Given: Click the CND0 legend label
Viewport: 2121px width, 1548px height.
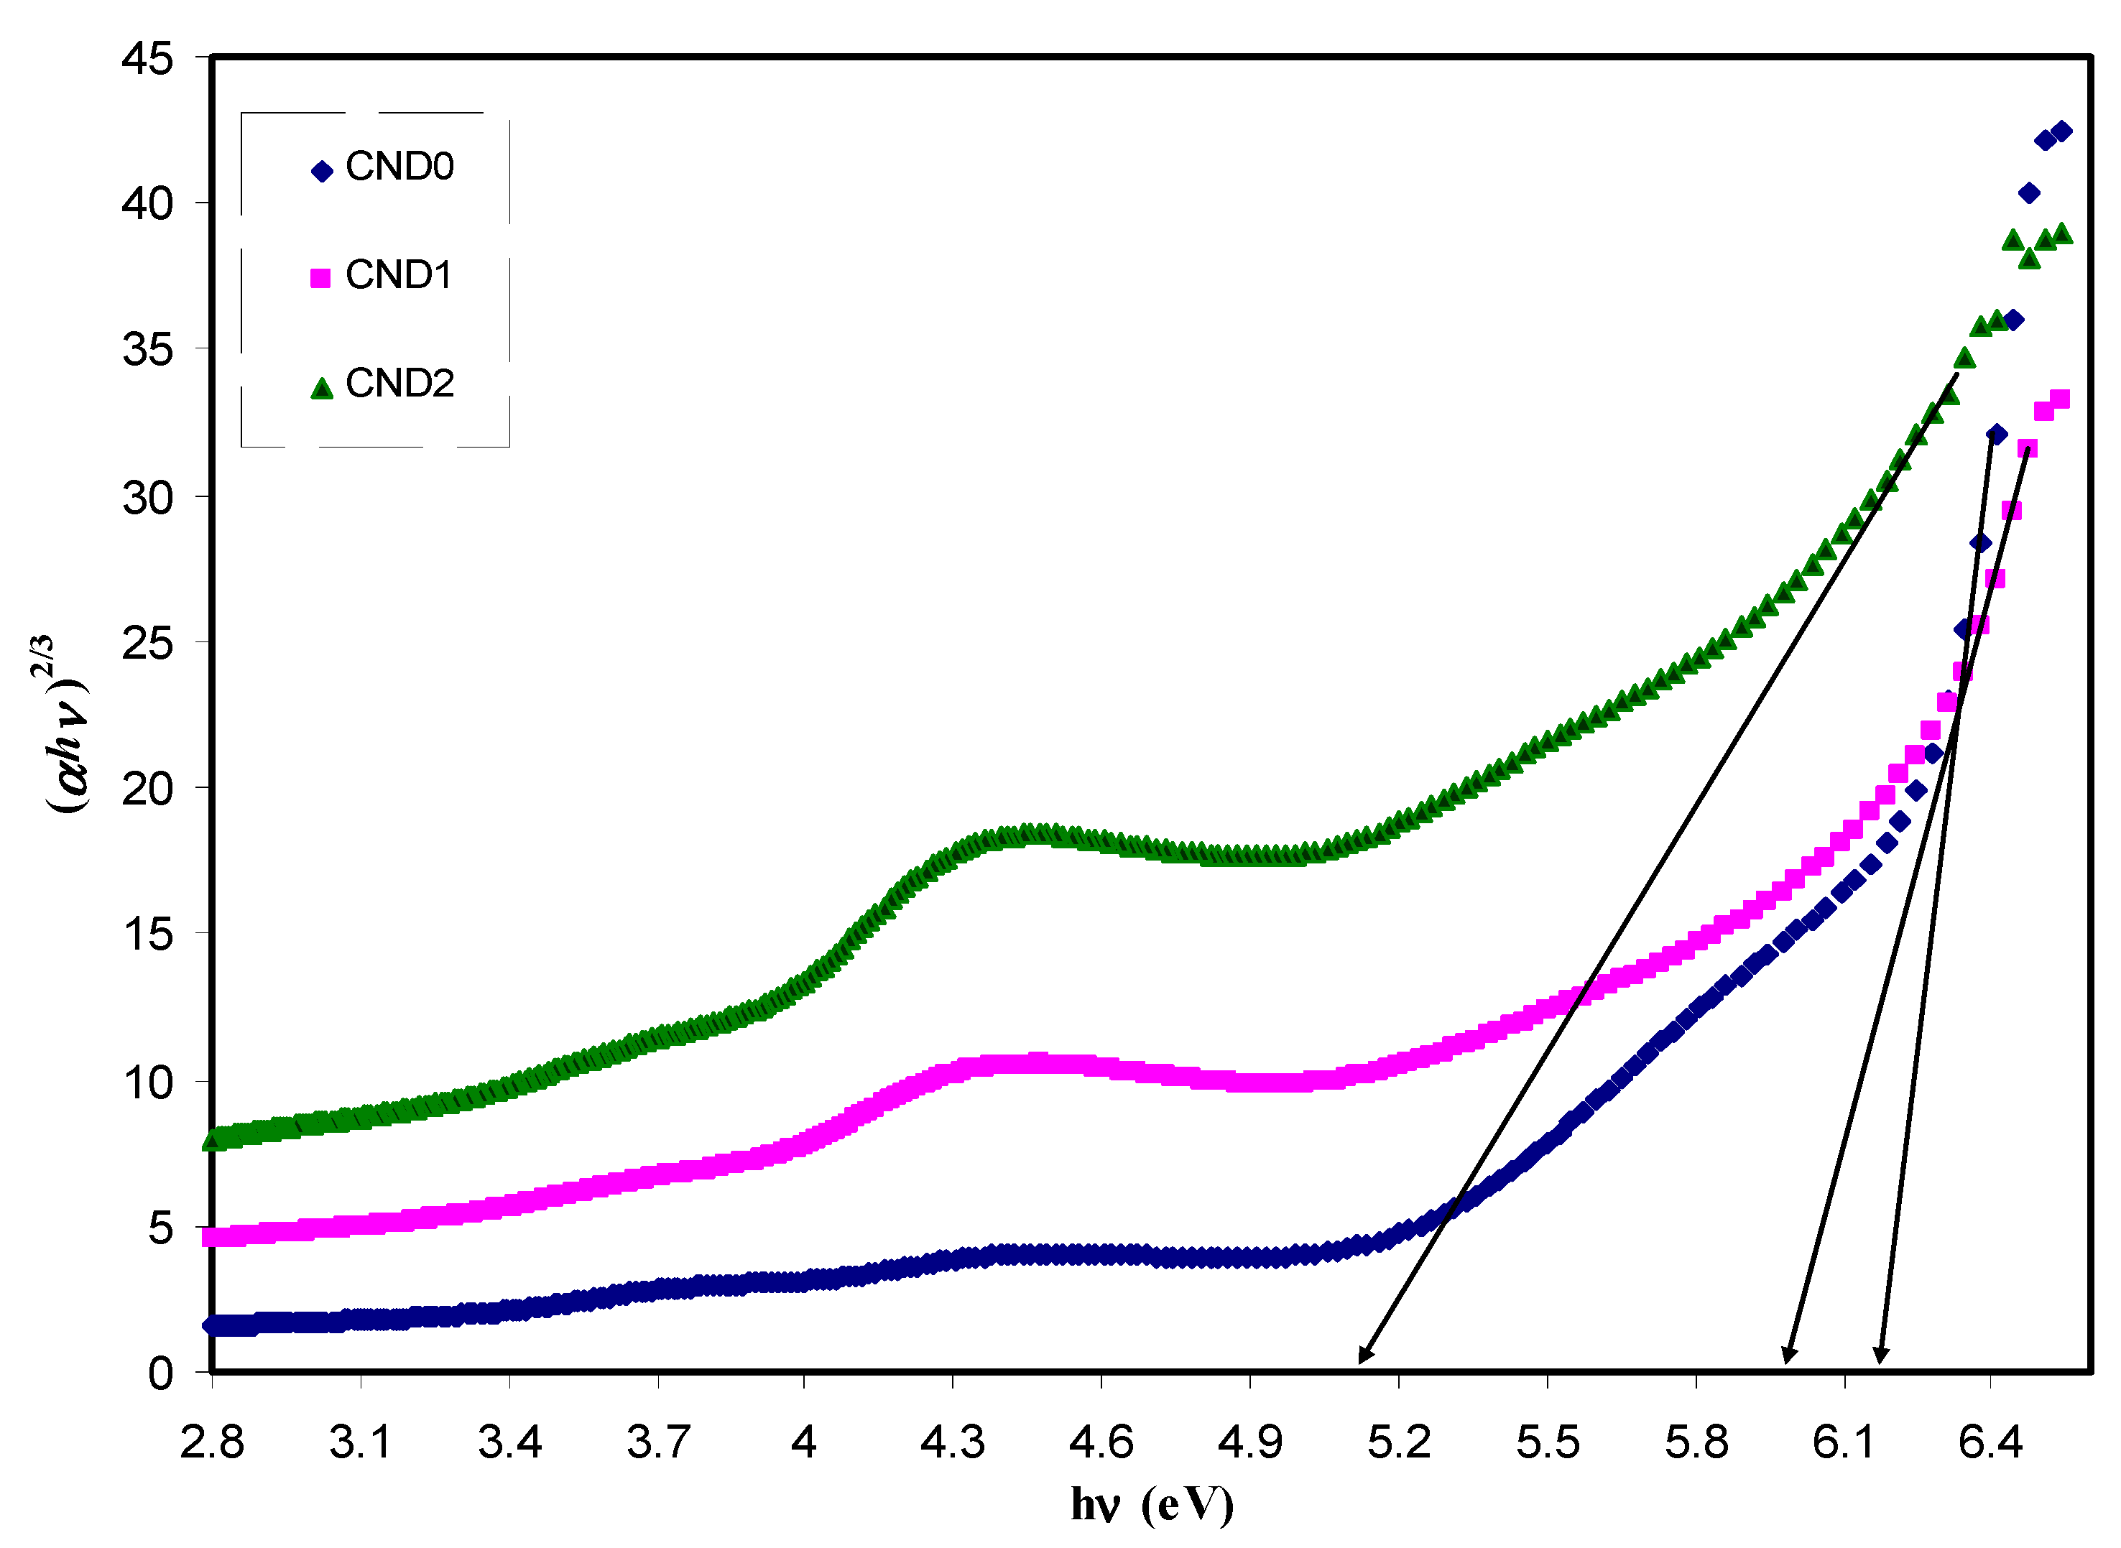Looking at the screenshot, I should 399,167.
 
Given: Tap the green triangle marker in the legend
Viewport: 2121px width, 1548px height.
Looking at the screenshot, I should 321,389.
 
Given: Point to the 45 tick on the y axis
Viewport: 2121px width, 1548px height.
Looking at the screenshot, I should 147,58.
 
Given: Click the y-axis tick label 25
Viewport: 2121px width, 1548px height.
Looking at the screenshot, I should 147,643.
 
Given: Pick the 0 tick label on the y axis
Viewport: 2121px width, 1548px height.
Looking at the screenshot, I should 160,1373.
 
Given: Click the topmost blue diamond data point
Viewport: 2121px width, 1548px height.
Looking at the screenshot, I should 2061,131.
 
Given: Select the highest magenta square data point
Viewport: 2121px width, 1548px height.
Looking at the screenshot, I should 2060,400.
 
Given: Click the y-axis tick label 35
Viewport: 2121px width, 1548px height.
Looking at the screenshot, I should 147,351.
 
